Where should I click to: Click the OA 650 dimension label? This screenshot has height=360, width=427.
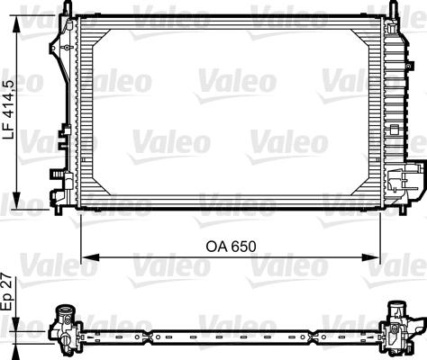[x=232, y=246]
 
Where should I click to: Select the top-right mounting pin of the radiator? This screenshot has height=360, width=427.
[x=394, y=8]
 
